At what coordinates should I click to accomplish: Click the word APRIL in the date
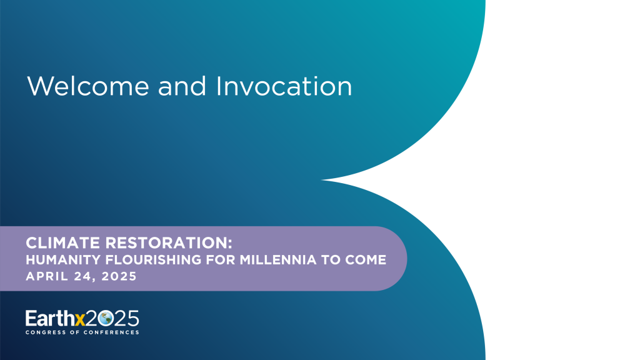point(44,276)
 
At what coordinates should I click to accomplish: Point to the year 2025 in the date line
point(118,276)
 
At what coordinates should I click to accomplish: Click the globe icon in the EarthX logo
point(105,317)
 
